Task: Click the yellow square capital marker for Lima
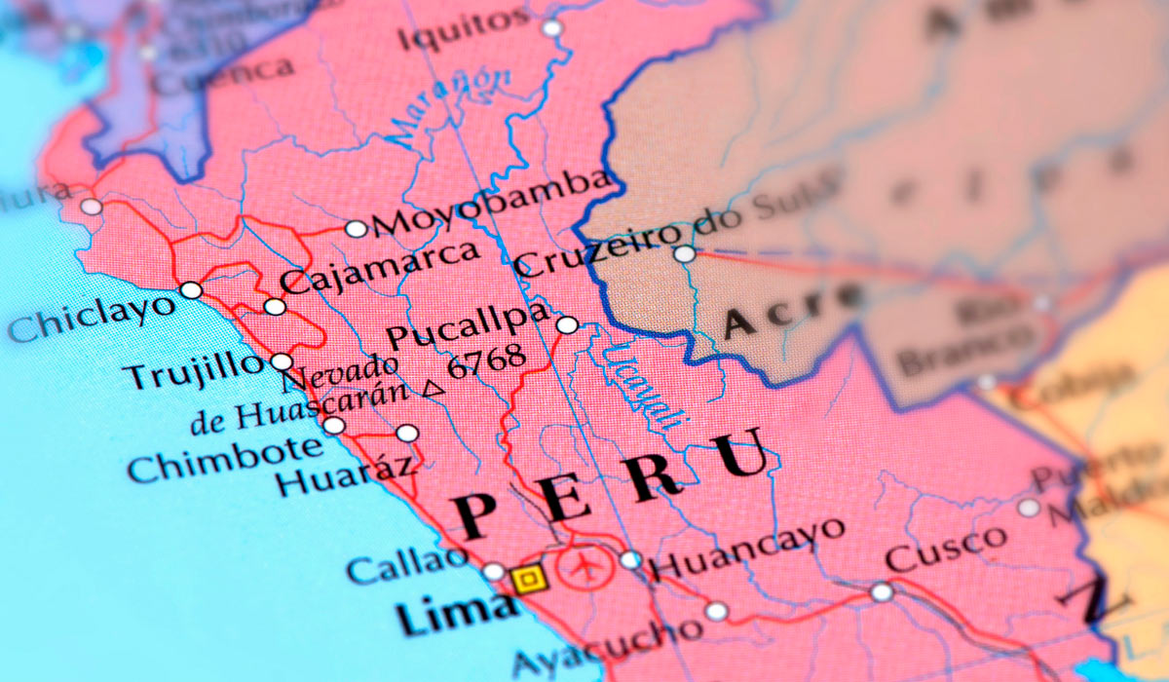(528, 580)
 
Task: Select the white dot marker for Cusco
(882, 591)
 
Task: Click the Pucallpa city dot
(567, 324)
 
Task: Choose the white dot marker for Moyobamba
(357, 229)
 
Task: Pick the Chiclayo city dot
(191, 289)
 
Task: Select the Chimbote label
(224, 460)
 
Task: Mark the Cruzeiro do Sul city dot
(685, 253)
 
